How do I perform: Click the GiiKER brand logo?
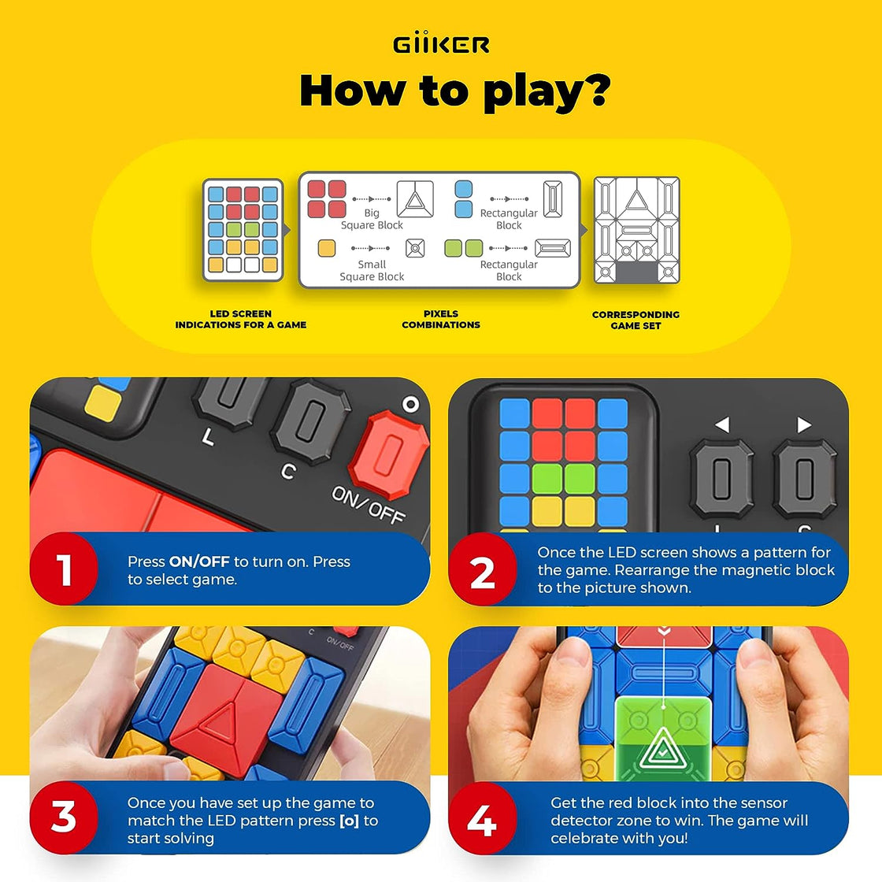[441, 44]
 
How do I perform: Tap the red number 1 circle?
[65, 570]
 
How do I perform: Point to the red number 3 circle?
[65, 818]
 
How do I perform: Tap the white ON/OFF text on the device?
[368, 505]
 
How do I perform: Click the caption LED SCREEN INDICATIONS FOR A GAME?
[241, 319]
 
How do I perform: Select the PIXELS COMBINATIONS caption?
[441, 319]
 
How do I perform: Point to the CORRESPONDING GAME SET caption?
[636, 320]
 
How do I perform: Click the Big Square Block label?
[372, 219]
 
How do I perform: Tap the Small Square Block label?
[372, 271]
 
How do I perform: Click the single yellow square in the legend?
[326, 249]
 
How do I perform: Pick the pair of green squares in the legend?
[463, 249]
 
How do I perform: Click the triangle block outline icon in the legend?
[415, 199]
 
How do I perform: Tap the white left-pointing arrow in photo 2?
[721, 425]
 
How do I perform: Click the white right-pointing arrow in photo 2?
[804, 425]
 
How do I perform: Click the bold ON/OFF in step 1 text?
[199, 562]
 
